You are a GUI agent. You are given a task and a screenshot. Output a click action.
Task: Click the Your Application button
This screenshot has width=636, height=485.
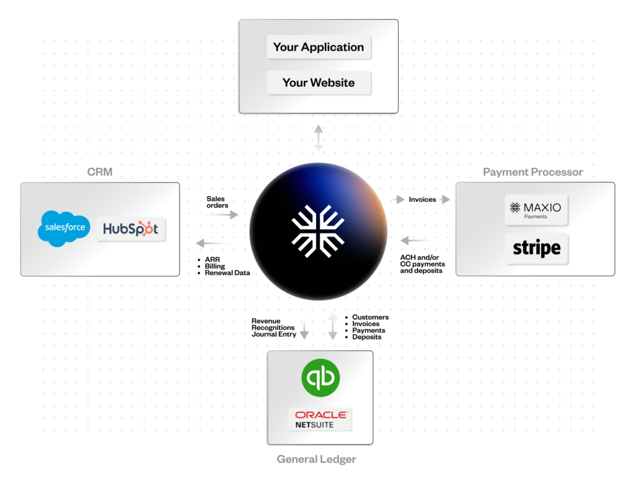pyautogui.click(x=319, y=47)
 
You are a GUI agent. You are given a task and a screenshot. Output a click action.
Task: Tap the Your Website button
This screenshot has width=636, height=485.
pyautogui.click(x=319, y=83)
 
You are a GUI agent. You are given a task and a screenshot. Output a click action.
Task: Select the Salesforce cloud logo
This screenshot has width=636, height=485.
pyautogui.click(x=65, y=228)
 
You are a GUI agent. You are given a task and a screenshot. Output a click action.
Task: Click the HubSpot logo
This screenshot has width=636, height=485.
pyautogui.click(x=131, y=229)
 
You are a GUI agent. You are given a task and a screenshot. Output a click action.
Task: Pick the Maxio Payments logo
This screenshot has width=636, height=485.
pyautogui.click(x=536, y=210)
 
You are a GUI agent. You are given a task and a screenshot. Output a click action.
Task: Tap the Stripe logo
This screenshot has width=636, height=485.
pyautogui.click(x=537, y=248)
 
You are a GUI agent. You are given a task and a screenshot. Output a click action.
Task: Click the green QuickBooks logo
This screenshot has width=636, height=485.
pyautogui.click(x=320, y=378)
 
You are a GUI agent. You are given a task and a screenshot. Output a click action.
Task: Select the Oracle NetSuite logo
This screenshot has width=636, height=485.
pyautogui.click(x=320, y=419)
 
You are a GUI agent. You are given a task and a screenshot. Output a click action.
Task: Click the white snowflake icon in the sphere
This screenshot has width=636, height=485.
pyautogui.click(x=318, y=230)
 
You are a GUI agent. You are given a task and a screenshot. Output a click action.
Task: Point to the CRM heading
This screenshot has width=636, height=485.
pyautogui.click(x=99, y=172)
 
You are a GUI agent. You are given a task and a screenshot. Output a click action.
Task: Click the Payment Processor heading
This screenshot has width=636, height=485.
pyautogui.click(x=533, y=172)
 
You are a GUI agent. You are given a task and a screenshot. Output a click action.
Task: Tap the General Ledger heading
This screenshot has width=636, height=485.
pyautogui.click(x=316, y=460)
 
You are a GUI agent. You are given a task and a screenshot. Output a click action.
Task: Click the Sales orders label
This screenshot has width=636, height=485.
pyautogui.click(x=217, y=202)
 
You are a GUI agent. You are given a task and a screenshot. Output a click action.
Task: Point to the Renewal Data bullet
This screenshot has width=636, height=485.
pyautogui.click(x=227, y=273)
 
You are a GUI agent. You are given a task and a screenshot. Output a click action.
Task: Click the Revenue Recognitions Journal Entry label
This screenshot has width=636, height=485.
pyautogui.click(x=274, y=328)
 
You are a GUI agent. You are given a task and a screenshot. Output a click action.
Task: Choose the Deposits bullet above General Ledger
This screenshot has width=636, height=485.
pyautogui.click(x=366, y=337)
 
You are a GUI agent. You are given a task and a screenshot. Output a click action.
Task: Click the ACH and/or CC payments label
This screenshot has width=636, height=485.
pyautogui.click(x=422, y=264)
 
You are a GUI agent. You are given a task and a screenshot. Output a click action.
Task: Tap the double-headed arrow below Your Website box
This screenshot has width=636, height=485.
pyautogui.click(x=318, y=138)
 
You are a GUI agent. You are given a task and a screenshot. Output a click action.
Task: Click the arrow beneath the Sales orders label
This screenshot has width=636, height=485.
pyautogui.click(x=224, y=214)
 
